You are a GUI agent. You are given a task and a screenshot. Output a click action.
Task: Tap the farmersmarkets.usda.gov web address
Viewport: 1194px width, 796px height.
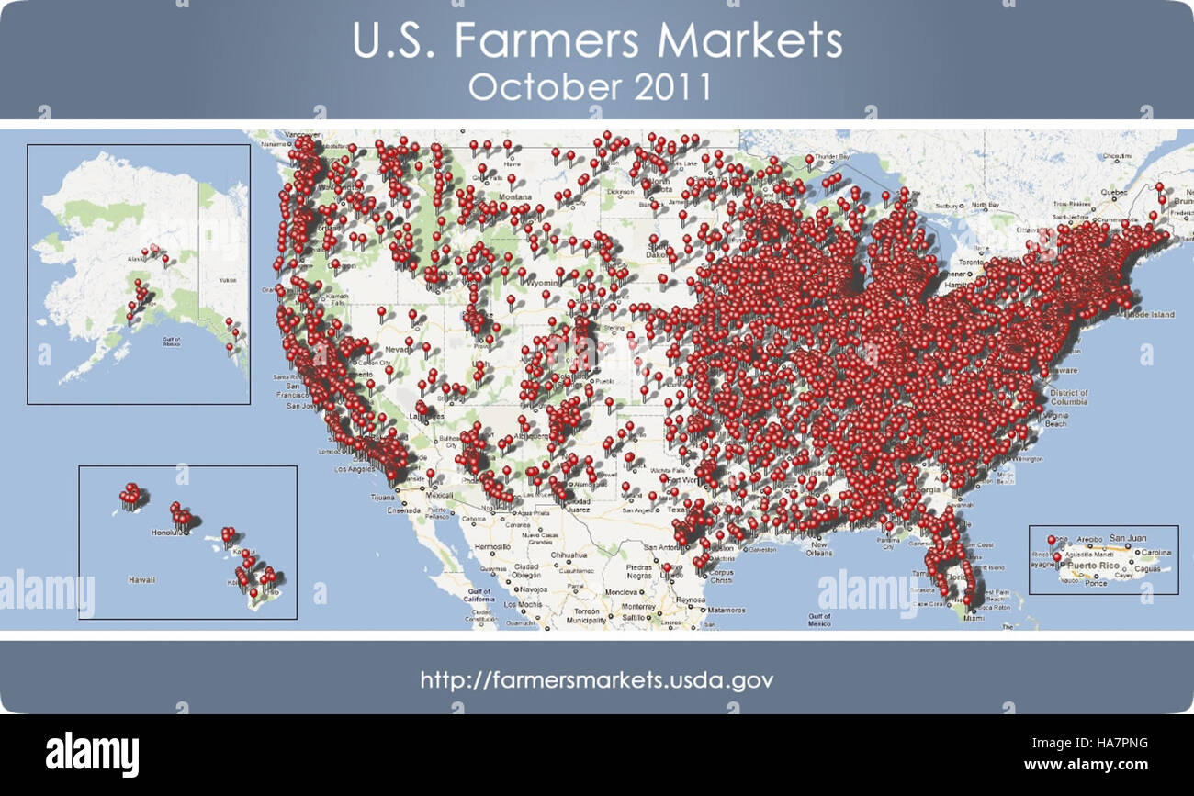(597, 680)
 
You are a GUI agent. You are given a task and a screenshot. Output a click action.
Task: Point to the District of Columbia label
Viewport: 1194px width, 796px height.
(1068, 398)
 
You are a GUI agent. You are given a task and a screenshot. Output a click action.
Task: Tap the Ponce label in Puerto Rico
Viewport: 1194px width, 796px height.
(1096, 583)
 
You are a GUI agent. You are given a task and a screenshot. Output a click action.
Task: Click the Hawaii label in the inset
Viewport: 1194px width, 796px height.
(141, 579)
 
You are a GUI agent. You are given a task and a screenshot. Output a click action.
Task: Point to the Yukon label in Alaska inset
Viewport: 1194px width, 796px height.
(227, 280)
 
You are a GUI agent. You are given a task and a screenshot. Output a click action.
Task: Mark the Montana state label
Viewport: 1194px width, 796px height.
(515, 198)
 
